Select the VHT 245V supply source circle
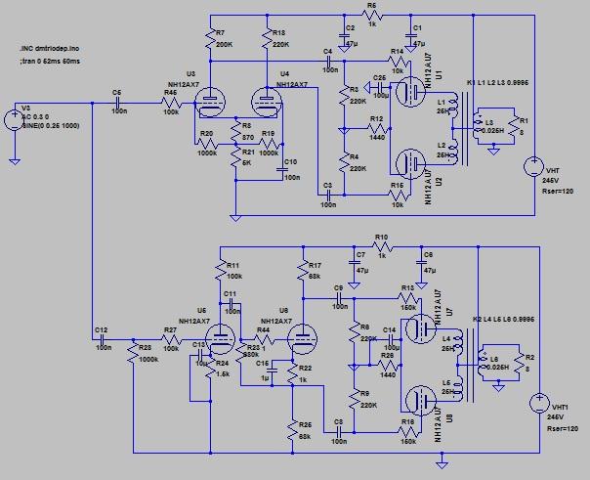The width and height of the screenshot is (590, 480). pos(535,166)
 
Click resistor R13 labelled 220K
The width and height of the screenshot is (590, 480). pos(266,39)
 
